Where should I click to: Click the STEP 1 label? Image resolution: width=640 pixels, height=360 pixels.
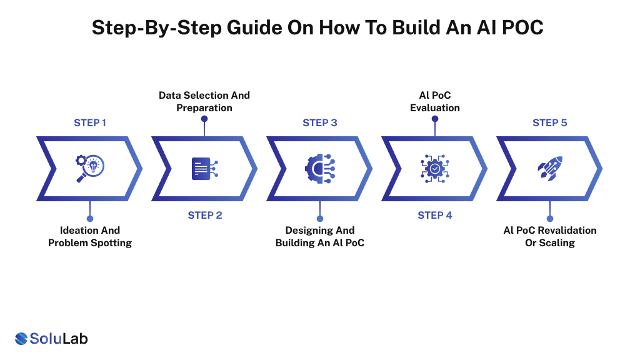click(90, 122)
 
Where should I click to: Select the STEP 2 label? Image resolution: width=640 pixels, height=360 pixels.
click(205, 215)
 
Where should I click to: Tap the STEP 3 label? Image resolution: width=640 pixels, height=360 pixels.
click(320, 122)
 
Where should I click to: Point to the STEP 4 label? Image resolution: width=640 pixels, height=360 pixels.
click(435, 215)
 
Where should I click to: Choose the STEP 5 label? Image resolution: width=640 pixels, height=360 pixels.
click(550, 122)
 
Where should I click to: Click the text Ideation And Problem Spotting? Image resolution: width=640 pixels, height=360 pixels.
click(90, 236)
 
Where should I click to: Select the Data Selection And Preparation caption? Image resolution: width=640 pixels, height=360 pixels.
click(204, 101)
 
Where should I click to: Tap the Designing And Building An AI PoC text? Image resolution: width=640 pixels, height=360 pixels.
click(320, 236)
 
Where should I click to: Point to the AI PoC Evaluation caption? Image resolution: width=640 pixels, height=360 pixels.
click(435, 101)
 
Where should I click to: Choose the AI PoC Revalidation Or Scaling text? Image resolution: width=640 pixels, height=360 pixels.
click(550, 236)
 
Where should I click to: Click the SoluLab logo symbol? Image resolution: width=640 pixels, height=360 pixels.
click(21, 339)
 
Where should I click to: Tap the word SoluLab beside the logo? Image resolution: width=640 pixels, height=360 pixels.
click(59, 339)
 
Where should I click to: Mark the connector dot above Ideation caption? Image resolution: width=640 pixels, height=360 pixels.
click(90, 219)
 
